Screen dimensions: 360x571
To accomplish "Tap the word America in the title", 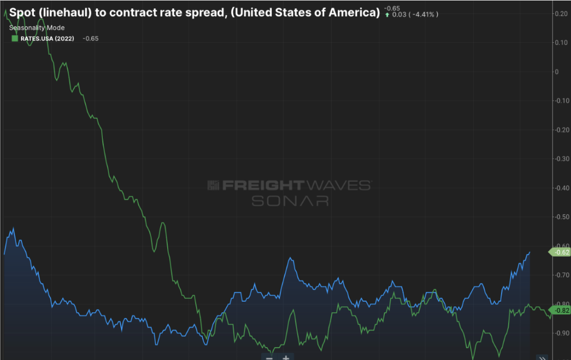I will click(348, 12).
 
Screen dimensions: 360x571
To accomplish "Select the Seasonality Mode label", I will click(37, 28).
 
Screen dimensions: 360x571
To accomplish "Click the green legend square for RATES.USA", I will click(14, 38).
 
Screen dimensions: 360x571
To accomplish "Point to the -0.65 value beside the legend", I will click(91, 38).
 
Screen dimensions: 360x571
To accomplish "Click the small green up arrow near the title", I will click(387, 14).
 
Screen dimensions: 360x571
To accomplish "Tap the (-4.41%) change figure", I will click(422, 14).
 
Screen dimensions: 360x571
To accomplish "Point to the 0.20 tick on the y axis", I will click(561, 14).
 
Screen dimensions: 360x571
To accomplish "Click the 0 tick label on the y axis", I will click(556, 72).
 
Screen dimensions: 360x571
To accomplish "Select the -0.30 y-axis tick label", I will click(561, 159).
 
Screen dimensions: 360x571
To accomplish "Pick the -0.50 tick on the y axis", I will click(561, 217).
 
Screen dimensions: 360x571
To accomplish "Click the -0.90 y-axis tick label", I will click(561, 333).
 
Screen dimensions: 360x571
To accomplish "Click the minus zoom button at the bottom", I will click(269, 357).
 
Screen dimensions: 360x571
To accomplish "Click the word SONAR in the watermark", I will click(289, 201).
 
